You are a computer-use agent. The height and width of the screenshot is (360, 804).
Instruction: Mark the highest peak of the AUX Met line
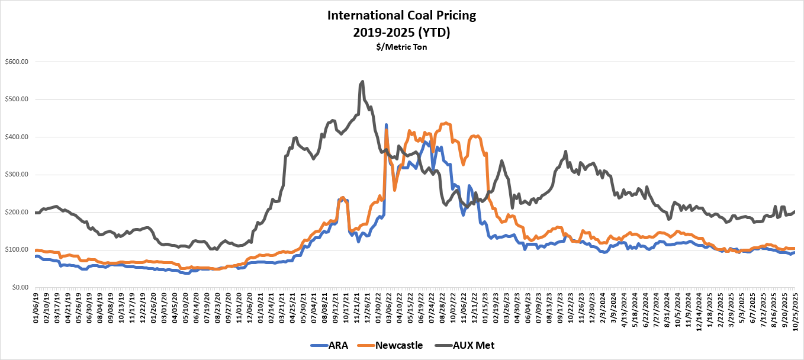point(362,82)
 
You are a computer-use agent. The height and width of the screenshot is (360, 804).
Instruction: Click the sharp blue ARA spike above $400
point(386,126)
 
